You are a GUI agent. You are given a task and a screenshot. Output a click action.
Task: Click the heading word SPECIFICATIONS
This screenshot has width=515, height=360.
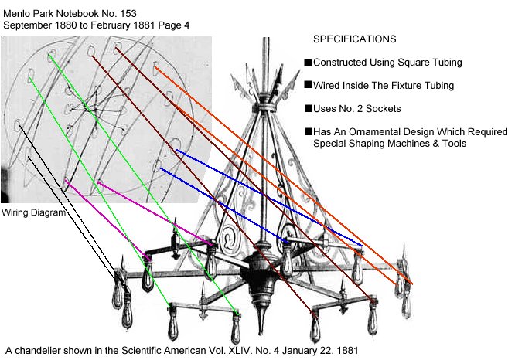tap(355, 39)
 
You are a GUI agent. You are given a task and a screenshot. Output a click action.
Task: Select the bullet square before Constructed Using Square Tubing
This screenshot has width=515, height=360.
tap(308, 63)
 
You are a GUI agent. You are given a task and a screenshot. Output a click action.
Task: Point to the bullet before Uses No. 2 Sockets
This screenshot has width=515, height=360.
tap(308, 108)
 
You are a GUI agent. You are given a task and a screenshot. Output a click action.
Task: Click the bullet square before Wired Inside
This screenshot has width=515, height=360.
tap(308, 86)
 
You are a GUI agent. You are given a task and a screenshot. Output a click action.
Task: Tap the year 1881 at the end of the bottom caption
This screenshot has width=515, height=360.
tap(345, 350)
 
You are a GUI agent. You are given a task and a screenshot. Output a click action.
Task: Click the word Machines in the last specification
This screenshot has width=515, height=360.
tap(403, 143)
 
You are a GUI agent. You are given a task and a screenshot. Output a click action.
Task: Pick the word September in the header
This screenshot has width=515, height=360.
tap(30, 24)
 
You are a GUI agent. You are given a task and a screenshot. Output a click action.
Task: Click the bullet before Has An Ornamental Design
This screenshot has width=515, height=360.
tap(308, 131)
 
